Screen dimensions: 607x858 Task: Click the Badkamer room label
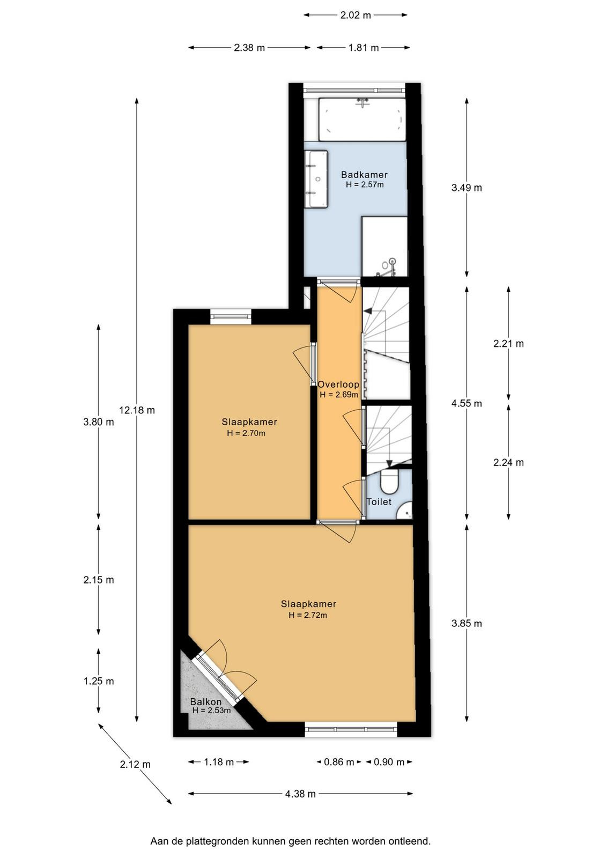(364, 175)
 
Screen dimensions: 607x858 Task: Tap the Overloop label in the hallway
(338, 384)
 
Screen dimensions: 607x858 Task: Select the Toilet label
(379, 502)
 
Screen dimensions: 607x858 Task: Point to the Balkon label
(206, 702)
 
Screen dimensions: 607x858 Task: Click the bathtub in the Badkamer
(362, 120)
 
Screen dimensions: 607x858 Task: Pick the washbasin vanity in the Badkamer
(316, 179)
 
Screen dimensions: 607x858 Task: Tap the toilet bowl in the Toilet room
(390, 483)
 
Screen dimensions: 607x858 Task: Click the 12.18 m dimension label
(137, 410)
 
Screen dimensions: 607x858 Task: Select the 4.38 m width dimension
(300, 794)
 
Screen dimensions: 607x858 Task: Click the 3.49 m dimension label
(467, 188)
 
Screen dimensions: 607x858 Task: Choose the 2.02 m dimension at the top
(356, 16)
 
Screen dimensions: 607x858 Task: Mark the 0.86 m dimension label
(339, 762)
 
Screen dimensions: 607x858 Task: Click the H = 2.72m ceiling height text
(308, 616)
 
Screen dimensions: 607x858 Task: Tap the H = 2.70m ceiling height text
(246, 434)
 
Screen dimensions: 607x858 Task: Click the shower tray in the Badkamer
(384, 246)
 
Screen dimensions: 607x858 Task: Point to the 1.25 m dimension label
(99, 681)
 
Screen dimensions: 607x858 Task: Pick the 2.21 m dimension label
(508, 344)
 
